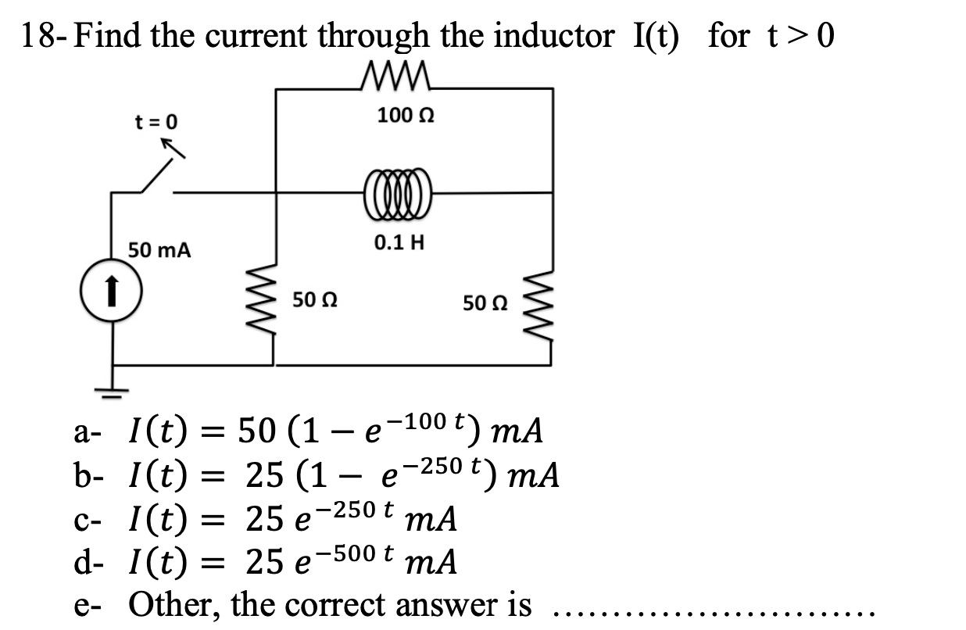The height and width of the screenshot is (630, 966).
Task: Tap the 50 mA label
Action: [x=160, y=251]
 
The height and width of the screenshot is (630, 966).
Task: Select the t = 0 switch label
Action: [x=156, y=121]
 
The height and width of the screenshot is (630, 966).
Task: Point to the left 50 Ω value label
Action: [x=315, y=299]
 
